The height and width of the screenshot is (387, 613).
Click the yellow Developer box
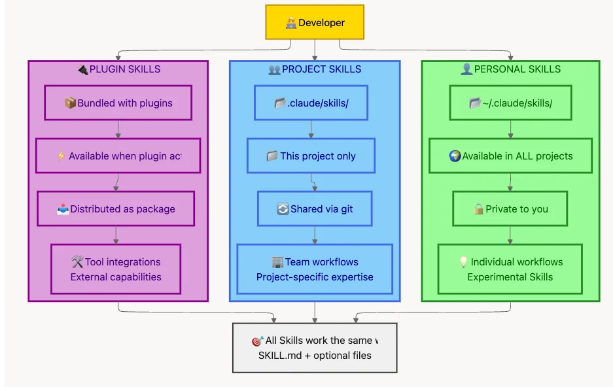point(315,23)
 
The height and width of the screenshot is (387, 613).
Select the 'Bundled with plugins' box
point(118,103)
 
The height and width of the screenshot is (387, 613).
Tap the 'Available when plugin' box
point(118,156)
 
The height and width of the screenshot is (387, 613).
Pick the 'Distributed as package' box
point(116,209)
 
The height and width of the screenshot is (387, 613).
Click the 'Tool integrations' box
point(116,269)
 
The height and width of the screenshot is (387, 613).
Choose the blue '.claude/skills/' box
point(311,103)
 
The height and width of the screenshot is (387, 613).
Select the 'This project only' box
point(311,156)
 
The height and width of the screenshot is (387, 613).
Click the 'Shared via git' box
point(315,209)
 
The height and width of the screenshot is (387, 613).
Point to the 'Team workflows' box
point(315,269)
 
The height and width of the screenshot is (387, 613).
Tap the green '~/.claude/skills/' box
point(510,103)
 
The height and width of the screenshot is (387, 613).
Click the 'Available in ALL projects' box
point(510,156)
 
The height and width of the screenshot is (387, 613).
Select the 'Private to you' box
point(510,209)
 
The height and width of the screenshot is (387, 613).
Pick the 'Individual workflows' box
point(510,269)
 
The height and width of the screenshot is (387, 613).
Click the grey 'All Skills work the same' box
point(315,348)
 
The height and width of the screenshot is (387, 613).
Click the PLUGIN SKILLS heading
point(118,69)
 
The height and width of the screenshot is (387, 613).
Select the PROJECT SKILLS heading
point(315,69)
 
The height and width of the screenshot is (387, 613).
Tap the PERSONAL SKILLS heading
point(510,69)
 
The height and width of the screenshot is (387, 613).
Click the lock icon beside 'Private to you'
point(478,209)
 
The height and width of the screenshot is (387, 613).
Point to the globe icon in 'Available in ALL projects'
point(455,156)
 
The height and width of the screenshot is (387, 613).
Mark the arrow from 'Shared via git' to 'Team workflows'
point(315,235)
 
